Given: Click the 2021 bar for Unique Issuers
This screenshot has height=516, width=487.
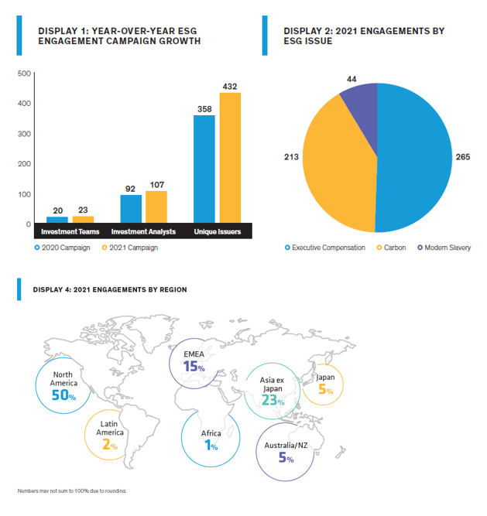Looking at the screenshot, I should [230, 158].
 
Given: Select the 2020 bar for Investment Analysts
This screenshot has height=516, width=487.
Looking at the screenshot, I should [131, 209].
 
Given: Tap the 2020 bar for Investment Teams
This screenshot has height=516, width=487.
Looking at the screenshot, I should [57, 220].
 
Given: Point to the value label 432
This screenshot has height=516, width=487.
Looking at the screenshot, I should [230, 85].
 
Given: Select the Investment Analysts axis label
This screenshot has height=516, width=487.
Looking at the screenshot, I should [143, 231].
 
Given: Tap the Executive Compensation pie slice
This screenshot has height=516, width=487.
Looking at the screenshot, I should [414, 159].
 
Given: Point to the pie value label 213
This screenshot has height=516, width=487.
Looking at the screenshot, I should [291, 156].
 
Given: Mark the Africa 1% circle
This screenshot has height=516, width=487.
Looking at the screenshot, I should [210, 439].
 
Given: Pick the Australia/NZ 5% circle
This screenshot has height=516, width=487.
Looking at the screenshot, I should [285, 451].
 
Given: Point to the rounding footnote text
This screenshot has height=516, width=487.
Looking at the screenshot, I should [71, 490].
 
